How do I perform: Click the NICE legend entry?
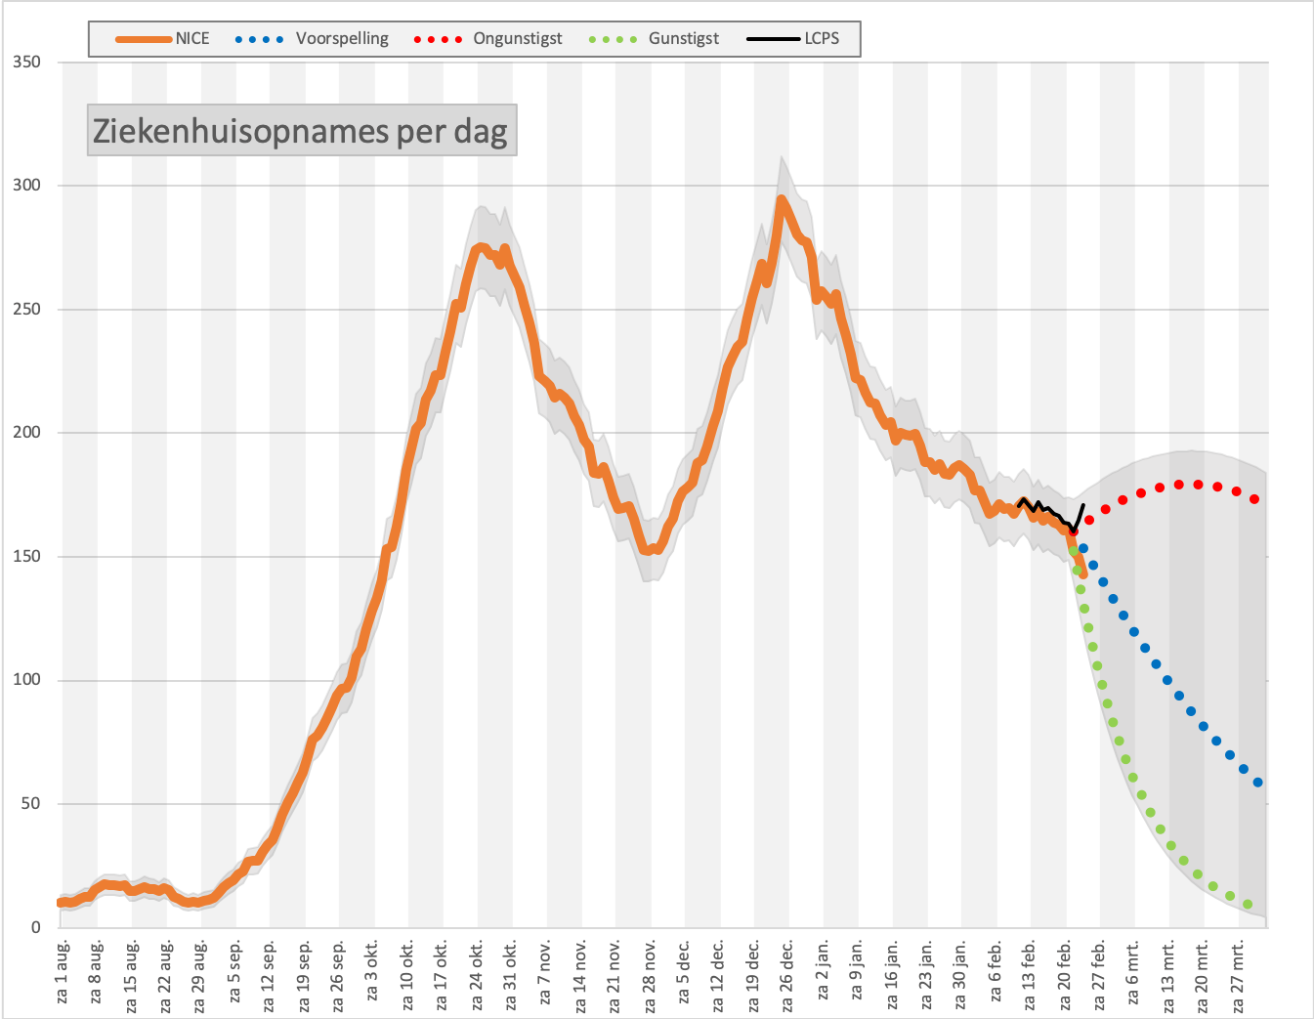[163, 39]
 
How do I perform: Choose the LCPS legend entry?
[792, 39]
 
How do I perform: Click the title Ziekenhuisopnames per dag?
[301, 131]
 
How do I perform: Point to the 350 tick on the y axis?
[26, 62]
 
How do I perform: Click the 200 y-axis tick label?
[26, 432]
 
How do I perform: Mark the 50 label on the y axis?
[31, 803]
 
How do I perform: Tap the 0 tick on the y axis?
[36, 926]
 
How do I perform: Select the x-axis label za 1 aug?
[63, 972]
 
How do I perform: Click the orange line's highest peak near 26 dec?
[782, 198]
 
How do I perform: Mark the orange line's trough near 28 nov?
[647, 550]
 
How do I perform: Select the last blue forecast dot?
[1257, 782]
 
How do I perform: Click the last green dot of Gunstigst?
[1248, 904]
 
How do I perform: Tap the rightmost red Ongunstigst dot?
[1254, 499]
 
